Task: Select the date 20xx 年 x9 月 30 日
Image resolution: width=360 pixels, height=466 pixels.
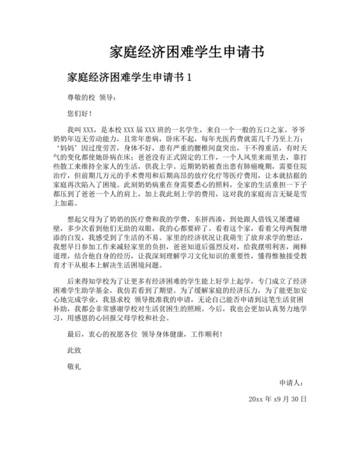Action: click(277, 399)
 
